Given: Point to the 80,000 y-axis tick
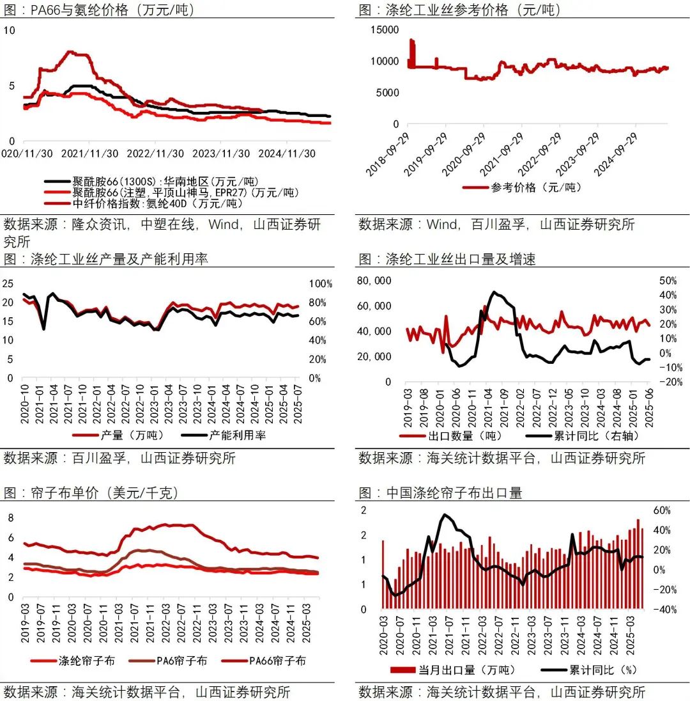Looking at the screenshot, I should tap(374, 281).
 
